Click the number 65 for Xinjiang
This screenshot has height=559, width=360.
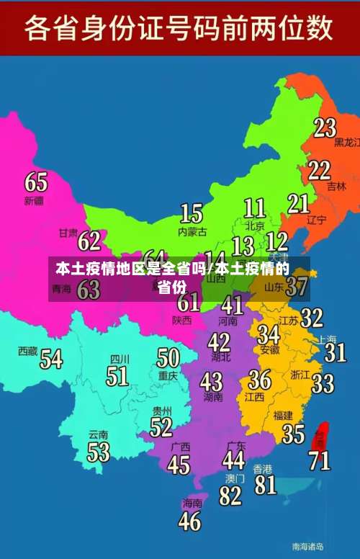coord(37,181)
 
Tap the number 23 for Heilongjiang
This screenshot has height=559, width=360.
coord(325,128)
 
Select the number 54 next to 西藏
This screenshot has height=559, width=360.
coord(51,358)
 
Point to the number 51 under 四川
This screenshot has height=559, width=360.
coord(117,376)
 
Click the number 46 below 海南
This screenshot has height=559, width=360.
coord(189,521)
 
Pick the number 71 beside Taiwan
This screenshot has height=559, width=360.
coord(320,460)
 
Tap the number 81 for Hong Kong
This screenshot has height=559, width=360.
coord(266,485)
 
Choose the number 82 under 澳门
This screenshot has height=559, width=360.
coord(230,496)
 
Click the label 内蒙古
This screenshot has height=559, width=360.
coord(192,232)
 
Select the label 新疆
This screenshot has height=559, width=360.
coord(34,200)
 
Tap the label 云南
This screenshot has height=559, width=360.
coord(98,434)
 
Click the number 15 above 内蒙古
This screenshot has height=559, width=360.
coord(191,213)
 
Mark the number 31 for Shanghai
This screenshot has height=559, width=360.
coord(335,352)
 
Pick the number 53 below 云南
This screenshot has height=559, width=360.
coord(98,452)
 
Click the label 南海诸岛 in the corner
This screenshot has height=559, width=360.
coord(307,546)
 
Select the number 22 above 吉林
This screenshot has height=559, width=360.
coord(320,170)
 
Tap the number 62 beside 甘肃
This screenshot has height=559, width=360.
coord(89,240)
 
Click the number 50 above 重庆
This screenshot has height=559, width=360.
coord(168,357)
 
